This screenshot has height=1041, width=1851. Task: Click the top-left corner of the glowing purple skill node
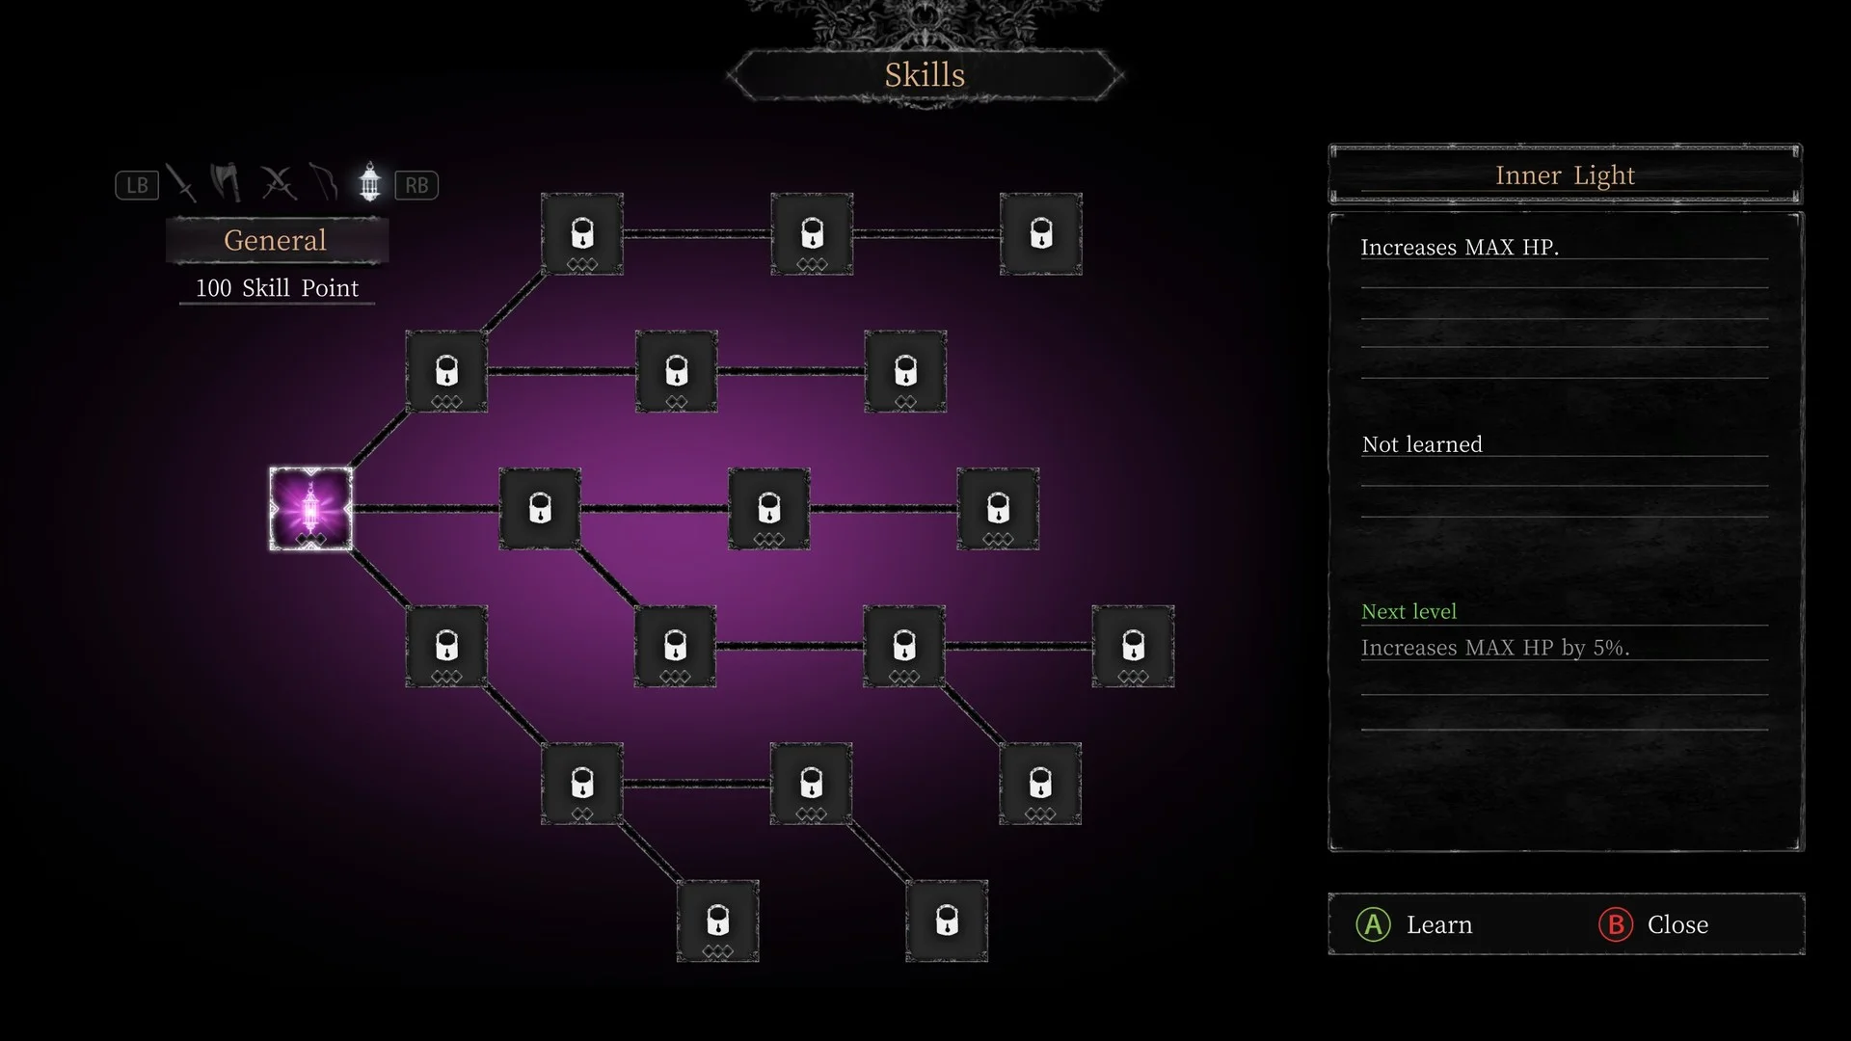coord(270,468)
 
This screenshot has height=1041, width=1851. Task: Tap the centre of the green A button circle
coord(1373,924)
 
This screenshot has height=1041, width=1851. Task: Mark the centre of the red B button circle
coord(1616,924)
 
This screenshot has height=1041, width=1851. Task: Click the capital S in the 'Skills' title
coord(896,75)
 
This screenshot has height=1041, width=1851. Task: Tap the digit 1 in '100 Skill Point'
coord(200,288)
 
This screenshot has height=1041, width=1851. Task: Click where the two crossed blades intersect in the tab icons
coord(279,181)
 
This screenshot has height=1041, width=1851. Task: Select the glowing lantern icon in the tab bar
coord(369,182)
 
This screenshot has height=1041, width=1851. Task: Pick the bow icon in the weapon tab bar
coord(324,182)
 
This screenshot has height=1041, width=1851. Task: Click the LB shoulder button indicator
coord(137,185)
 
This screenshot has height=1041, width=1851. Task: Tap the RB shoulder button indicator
coord(416,185)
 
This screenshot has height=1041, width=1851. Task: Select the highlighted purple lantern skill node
coord(310,509)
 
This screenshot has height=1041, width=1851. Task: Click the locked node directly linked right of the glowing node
coord(540,509)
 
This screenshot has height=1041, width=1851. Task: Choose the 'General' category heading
coord(276,240)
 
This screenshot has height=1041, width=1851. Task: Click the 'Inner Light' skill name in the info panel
coord(1565,175)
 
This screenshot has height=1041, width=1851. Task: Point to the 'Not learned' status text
coord(1422,444)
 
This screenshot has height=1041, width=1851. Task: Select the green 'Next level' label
coord(1408,611)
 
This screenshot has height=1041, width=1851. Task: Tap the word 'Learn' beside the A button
coord(1439,925)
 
